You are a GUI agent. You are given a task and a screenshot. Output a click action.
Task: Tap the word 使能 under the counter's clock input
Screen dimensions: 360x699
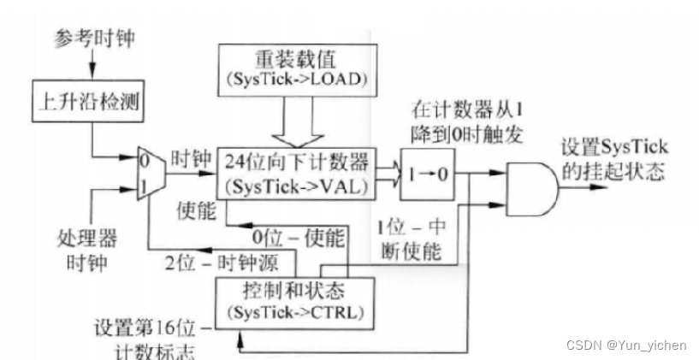pyautogui.click(x=193, y=208)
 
